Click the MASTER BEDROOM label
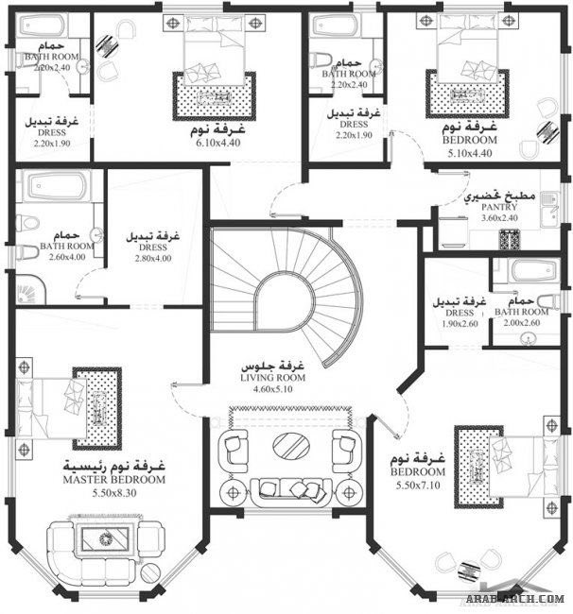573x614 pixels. [x=113, y=480]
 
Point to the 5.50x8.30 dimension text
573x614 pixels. [x=113, y=493]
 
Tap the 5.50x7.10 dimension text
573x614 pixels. [x=416, y=486]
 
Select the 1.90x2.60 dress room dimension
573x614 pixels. [x=458, y=323]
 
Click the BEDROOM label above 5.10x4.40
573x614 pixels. [x=470, y=139]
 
